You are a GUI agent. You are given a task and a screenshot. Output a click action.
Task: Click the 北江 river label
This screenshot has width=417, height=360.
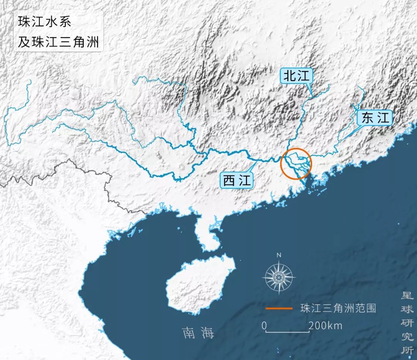pos(296,76)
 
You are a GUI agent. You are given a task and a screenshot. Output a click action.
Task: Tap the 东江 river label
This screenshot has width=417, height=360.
pos(375,118)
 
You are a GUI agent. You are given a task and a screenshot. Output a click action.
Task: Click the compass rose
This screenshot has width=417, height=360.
pos(279,277)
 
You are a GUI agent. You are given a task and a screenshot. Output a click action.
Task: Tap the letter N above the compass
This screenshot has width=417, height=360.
pos(279,255)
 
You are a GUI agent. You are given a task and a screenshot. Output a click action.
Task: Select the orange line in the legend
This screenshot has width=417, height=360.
pos(279,308)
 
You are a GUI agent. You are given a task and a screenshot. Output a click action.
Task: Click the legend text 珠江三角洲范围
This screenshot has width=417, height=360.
pos(338,308)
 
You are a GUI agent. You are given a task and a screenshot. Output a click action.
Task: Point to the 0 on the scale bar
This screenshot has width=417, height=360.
pos(264,326)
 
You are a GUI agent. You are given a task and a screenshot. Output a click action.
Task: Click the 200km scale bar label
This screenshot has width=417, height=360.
pos(325,326)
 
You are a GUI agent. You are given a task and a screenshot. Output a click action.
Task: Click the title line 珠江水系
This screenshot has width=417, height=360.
pos(44,22)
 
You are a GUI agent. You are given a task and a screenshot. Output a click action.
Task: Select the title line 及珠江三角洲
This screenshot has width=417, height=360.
pos(58,41)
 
